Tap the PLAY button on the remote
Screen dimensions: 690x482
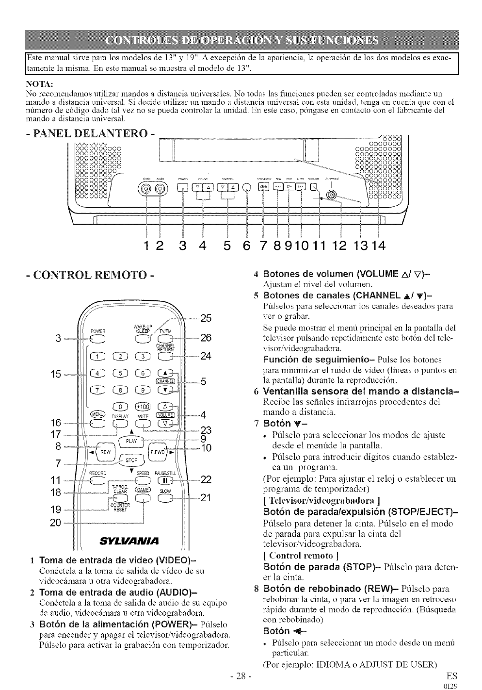click(132, 441)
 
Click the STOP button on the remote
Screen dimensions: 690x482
click(132, 460)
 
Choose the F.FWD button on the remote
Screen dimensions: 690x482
click(159, 452)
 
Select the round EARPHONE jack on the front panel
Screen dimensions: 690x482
click(331, 194)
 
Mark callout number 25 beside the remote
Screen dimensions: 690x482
click(206, 318)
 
